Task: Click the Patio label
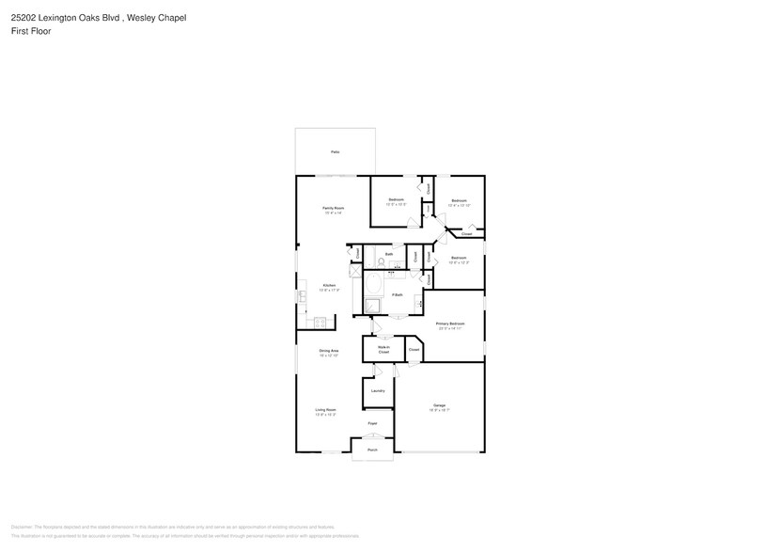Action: (x=335, y=151)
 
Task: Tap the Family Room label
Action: (x=333, y=208)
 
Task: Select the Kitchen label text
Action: (x=329, y=286)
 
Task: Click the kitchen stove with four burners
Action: (x=320, y=323)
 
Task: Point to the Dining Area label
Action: (x=328, y=351)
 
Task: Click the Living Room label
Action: (x=325, y=410)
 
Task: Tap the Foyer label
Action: (x=372, y=424)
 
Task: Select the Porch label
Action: (x=372, y=450)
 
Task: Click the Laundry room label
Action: (x=378, y=390)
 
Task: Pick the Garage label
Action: (x=439, y=406)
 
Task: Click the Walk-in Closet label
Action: (x=383, y=349)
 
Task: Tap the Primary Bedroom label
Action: (x=450, y=324)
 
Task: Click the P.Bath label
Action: (x=398, y=295)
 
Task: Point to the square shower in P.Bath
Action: (x=373, y=305)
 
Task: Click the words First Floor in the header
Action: (x=31, y=31)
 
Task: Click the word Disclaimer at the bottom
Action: (x=22, y=527)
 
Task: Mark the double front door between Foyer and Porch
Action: (x=372, y=438)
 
